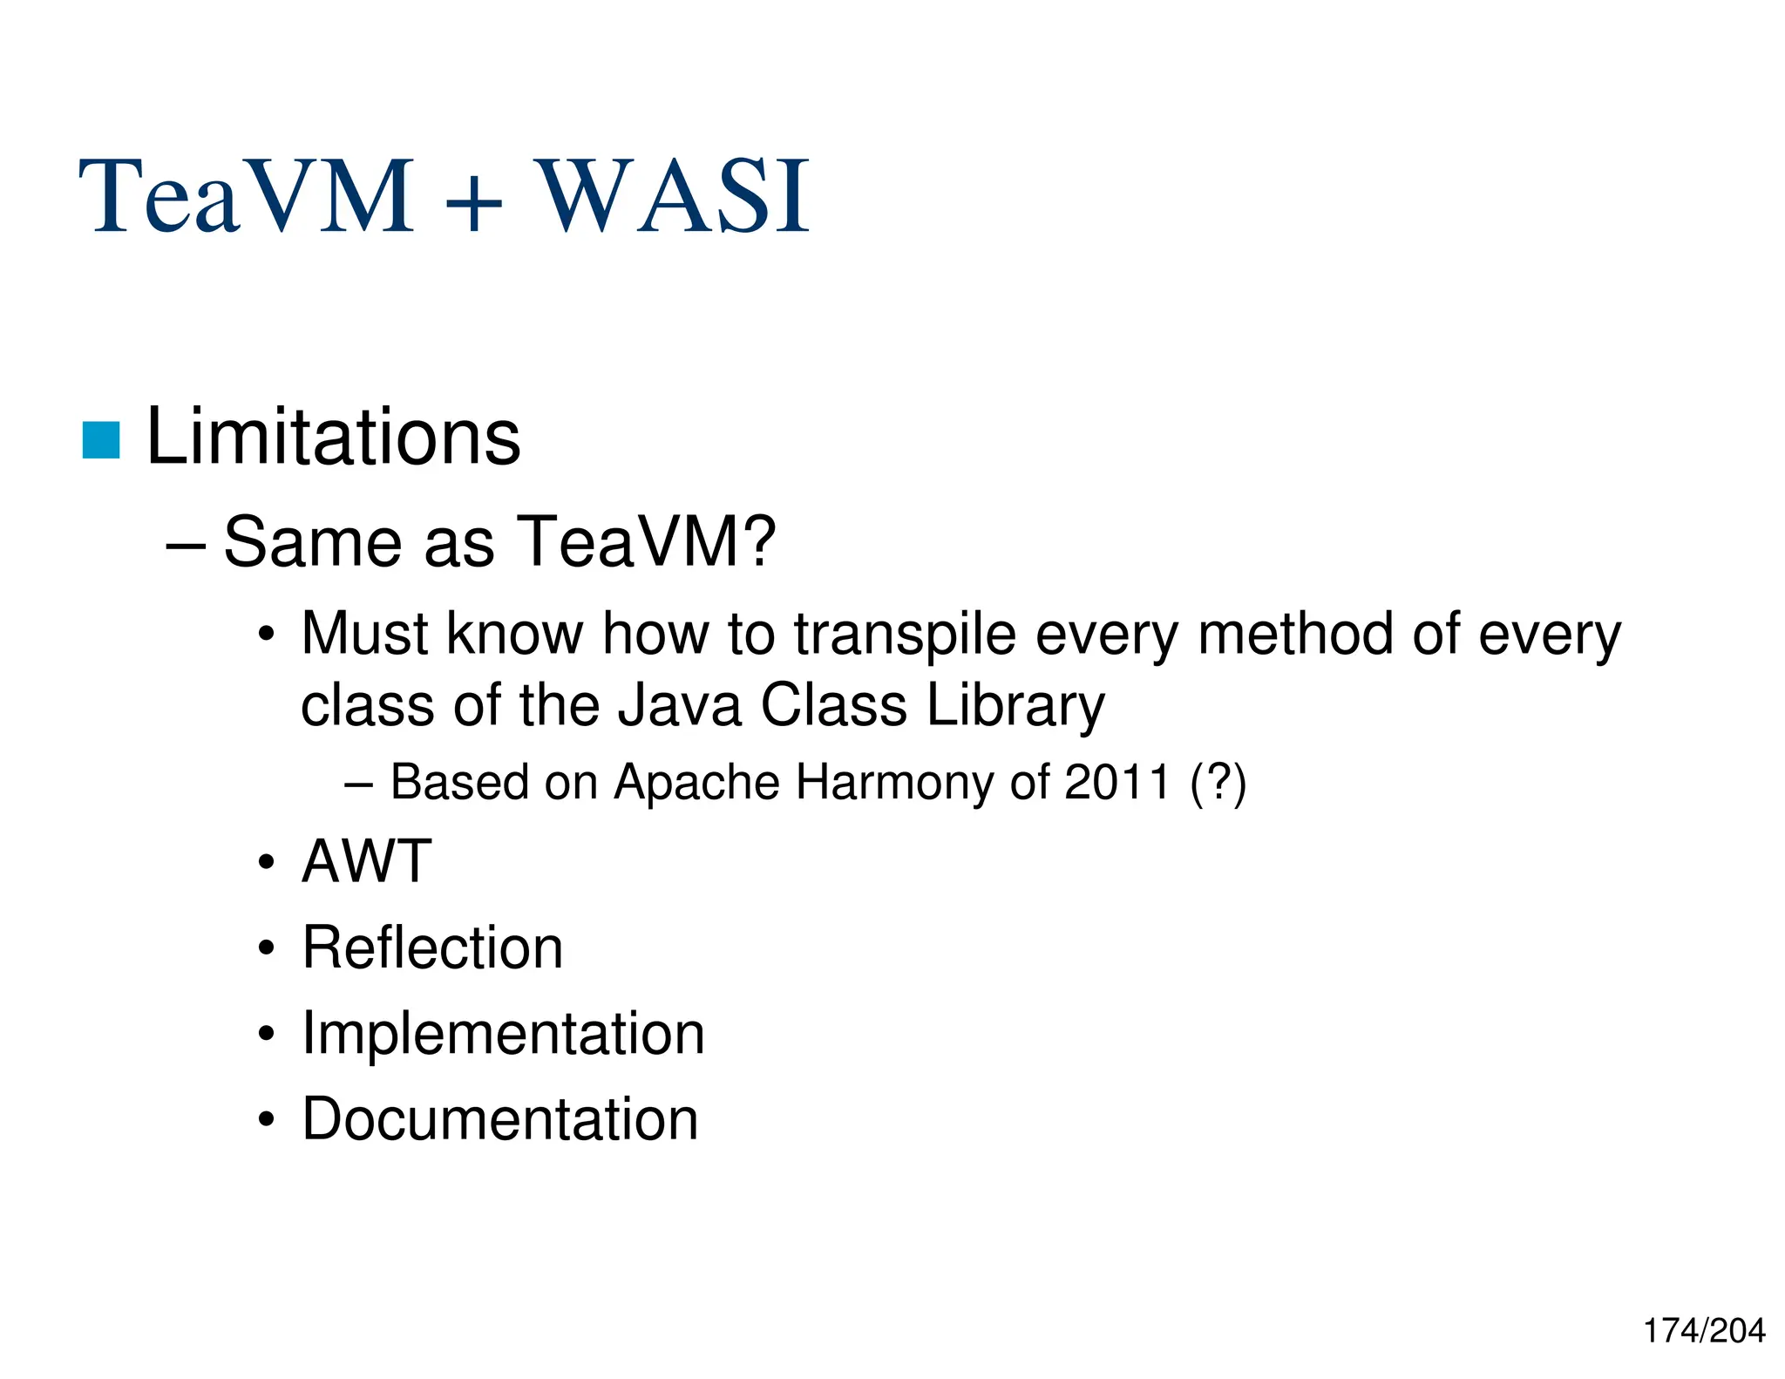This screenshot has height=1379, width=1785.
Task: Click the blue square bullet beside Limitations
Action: point(100,439)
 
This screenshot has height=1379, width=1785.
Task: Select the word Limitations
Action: point(333,437)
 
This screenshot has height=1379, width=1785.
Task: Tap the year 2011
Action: point(1117,782)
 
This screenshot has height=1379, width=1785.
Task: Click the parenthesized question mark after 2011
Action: point(1218,782)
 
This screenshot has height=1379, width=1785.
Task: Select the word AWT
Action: point(366,861)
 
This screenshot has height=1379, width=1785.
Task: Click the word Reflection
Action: point(432,948)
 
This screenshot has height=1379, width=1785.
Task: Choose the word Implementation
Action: point(503,1034)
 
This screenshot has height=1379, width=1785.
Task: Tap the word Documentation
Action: point(499,1119)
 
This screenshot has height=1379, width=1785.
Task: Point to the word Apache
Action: point(696,782)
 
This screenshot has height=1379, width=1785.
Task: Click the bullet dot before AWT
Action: point(267,864)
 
